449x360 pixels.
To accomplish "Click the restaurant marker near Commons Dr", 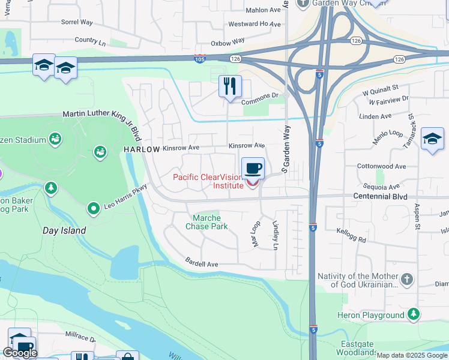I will click(230, 86).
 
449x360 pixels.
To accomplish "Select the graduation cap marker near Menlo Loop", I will click(432, 139).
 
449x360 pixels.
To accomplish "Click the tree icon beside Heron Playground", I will click(413, 314).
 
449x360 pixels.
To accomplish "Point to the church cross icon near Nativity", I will click(407, 280).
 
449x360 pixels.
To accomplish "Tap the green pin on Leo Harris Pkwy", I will click(93, 209).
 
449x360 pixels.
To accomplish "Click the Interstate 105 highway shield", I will click(200, 58).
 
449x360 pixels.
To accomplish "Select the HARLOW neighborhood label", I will click(142, 149).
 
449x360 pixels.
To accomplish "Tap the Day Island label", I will click(64, 230).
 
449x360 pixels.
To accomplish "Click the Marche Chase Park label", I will click(206, 222).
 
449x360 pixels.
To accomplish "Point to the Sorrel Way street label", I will click(77, 22).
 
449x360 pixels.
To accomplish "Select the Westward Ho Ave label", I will click(254, 25).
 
